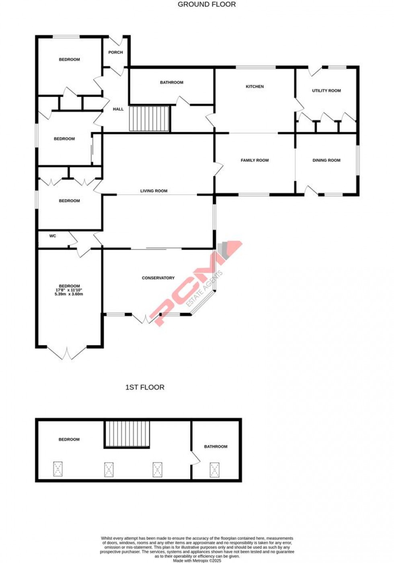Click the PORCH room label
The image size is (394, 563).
(115, 52)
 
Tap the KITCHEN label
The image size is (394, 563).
(255, 86)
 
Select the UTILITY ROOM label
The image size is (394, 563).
(326, 91)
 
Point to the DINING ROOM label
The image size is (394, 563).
(326, 160)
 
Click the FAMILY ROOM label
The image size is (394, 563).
(254, 160)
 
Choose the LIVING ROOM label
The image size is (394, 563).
(154, 191)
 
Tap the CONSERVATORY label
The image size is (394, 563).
(158, 278)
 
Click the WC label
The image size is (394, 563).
(53, 236)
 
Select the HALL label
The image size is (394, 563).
(118, 109)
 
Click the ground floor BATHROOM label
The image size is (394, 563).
(172, 82)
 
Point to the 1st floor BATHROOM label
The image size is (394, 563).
(215, 447)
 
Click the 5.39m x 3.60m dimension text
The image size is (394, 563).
(69, 294)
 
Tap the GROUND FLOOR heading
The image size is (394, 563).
(207, 4)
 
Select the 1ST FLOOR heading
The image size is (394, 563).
(145, 387)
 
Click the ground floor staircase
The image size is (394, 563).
(149, 119)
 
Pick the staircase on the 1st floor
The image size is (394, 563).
(127, 434)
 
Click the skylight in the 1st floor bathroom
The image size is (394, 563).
(215, 470)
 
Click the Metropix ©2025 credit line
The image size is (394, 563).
(197, 561)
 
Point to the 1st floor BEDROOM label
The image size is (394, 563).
(69, 440)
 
